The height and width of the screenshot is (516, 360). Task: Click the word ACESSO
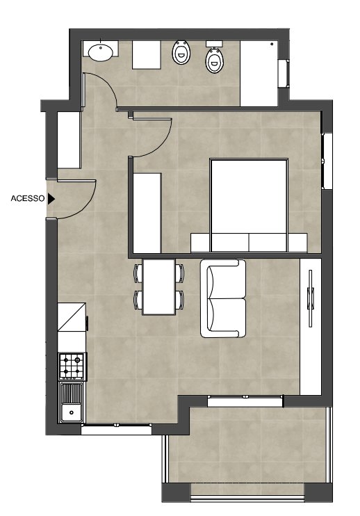tap(28, 198)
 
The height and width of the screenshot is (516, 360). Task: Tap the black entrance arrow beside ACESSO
tap(51, 198)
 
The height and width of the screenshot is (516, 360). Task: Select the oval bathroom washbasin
tap(101, 53)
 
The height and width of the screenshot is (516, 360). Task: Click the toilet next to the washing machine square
tap(181, 53)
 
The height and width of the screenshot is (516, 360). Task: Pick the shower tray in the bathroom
tap(259, 74)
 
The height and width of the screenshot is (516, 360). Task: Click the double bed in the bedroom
tap(249, 205)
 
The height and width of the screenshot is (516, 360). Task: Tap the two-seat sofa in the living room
tap(223, 298)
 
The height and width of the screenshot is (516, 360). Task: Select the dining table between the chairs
tap(158, 287)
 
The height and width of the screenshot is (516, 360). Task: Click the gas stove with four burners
tap(72, 366)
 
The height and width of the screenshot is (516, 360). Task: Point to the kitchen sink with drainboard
tap(71, 402)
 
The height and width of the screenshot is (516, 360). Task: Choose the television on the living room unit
tap(310, 298)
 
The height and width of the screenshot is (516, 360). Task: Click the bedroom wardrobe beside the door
tap(147, 213)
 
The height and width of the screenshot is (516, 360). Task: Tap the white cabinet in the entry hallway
tap(69, 140)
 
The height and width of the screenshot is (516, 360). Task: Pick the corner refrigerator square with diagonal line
tap(72, 317)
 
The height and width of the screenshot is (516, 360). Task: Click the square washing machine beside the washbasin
tap(147, 55)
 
